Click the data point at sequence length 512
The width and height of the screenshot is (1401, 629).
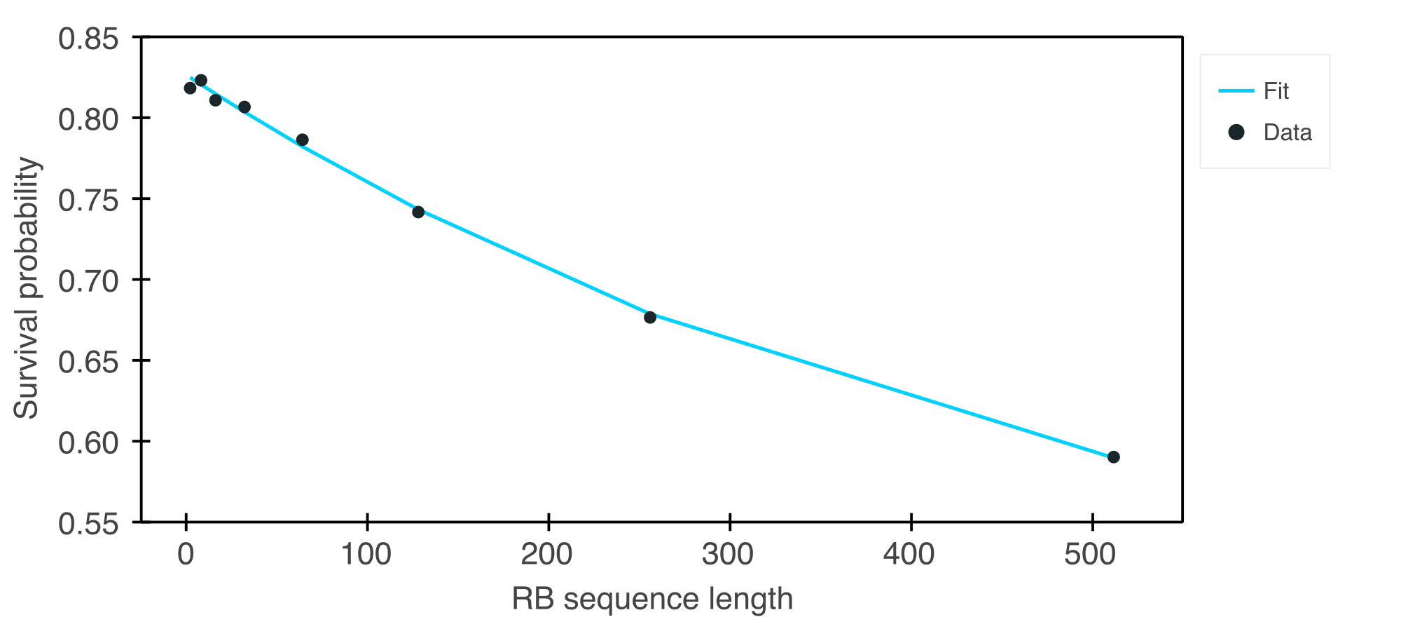click(x=1113, y=457)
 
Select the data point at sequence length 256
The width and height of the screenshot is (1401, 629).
click(x=650, y=317)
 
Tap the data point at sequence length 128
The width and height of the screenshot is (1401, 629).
click(x=418, y=212)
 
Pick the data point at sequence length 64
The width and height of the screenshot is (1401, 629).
click(x=302, y=140)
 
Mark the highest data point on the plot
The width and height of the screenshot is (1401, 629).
click(x=201, y=81)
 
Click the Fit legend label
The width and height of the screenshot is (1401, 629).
click(x=1276, y=91)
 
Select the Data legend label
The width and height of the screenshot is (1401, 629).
click(x=1287, y=133)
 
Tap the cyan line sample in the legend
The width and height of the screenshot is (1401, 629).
click(x=1236, y=91)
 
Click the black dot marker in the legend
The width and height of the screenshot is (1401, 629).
click(x=1236, y=133)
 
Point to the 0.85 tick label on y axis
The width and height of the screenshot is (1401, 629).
click(x=88, y=39)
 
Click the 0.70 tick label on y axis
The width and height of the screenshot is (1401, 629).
click(x=88, y=281)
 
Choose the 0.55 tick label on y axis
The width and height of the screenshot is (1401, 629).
click(x=88, y=524)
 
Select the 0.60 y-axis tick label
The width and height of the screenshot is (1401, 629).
click(x=88, y=443)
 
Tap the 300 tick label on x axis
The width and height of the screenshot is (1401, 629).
click(x=728, y=555)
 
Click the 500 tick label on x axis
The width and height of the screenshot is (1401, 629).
click(x=1090, y=555)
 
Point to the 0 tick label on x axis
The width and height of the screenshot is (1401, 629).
click(x=186, y=555)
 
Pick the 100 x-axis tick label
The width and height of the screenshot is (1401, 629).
click(x=366, y=555)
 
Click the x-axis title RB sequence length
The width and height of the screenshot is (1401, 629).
click(x=652, y=600)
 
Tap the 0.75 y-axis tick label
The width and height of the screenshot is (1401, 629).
click(x=88, y=201)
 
